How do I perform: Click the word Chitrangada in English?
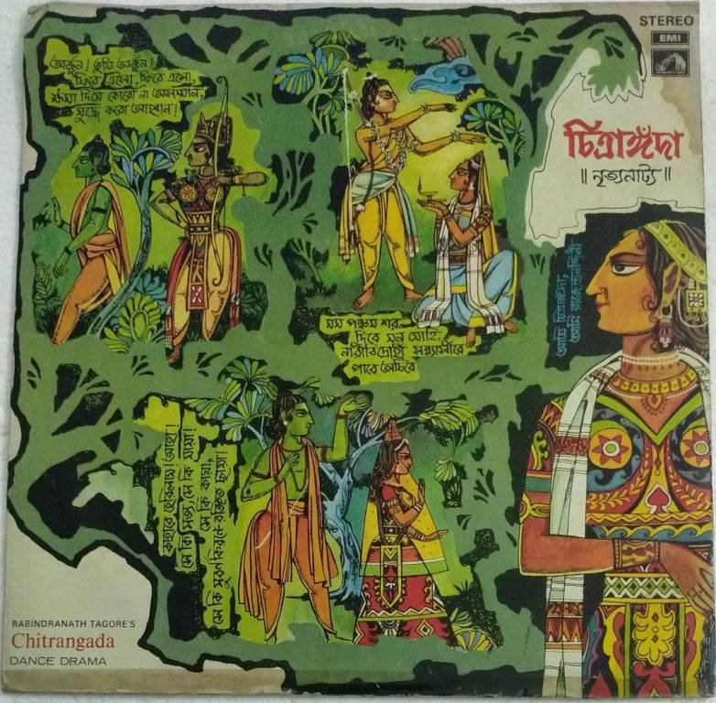tap(59, 639)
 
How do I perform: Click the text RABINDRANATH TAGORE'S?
tap(72, 622)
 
